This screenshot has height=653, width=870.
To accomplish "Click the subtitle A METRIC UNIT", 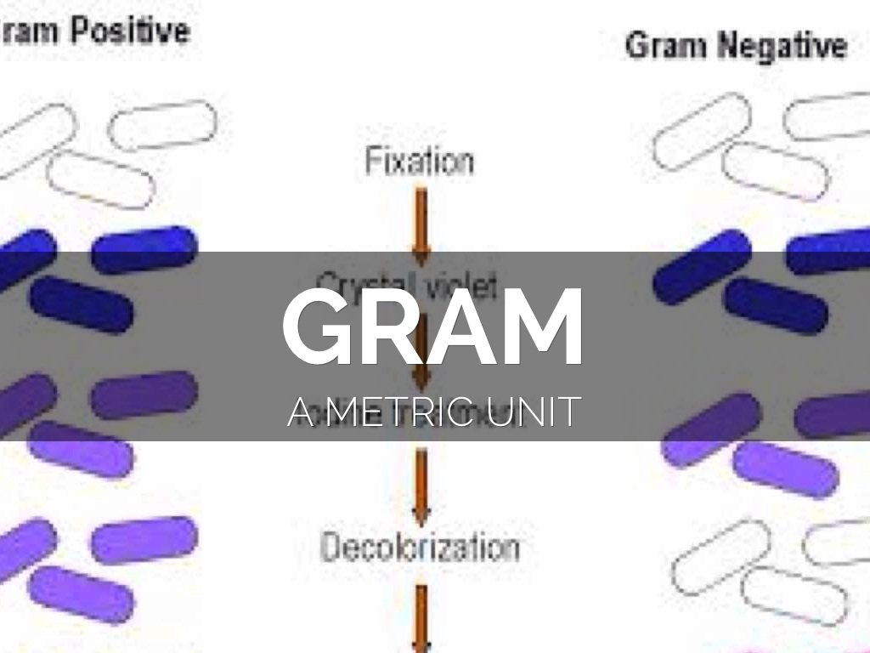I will click(x=433, y=412).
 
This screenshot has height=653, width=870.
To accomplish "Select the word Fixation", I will click(x=419, y=161).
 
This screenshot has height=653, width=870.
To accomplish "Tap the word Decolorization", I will click(x=420, y=547).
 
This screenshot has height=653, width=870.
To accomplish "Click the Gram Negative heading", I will click(x=736, y=45).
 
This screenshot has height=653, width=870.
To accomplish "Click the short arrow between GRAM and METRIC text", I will click(x=421, y=374).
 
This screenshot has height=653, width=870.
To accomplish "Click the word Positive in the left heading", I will click(x=129, y=31).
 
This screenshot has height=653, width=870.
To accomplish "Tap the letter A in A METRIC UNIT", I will click(x=302, y=412).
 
